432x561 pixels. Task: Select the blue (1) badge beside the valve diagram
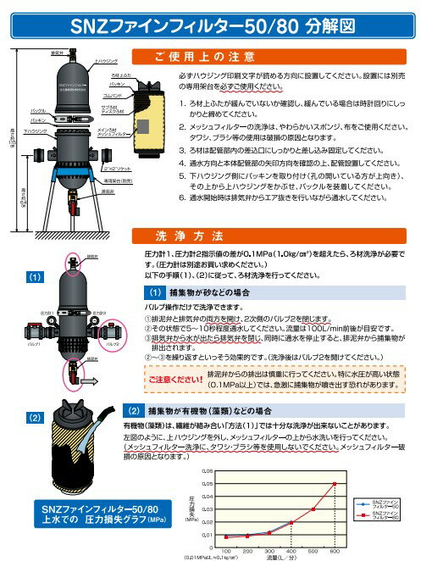click(33, 276)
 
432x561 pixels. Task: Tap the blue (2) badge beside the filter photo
click(33, 418)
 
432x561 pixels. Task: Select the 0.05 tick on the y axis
click(208, 471)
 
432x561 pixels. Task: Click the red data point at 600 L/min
click(336, 484)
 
